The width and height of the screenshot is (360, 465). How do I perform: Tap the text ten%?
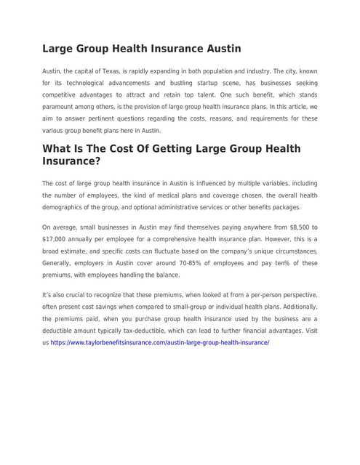coord(257,263)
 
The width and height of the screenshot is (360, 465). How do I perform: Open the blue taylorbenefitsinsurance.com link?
coord(160,342)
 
